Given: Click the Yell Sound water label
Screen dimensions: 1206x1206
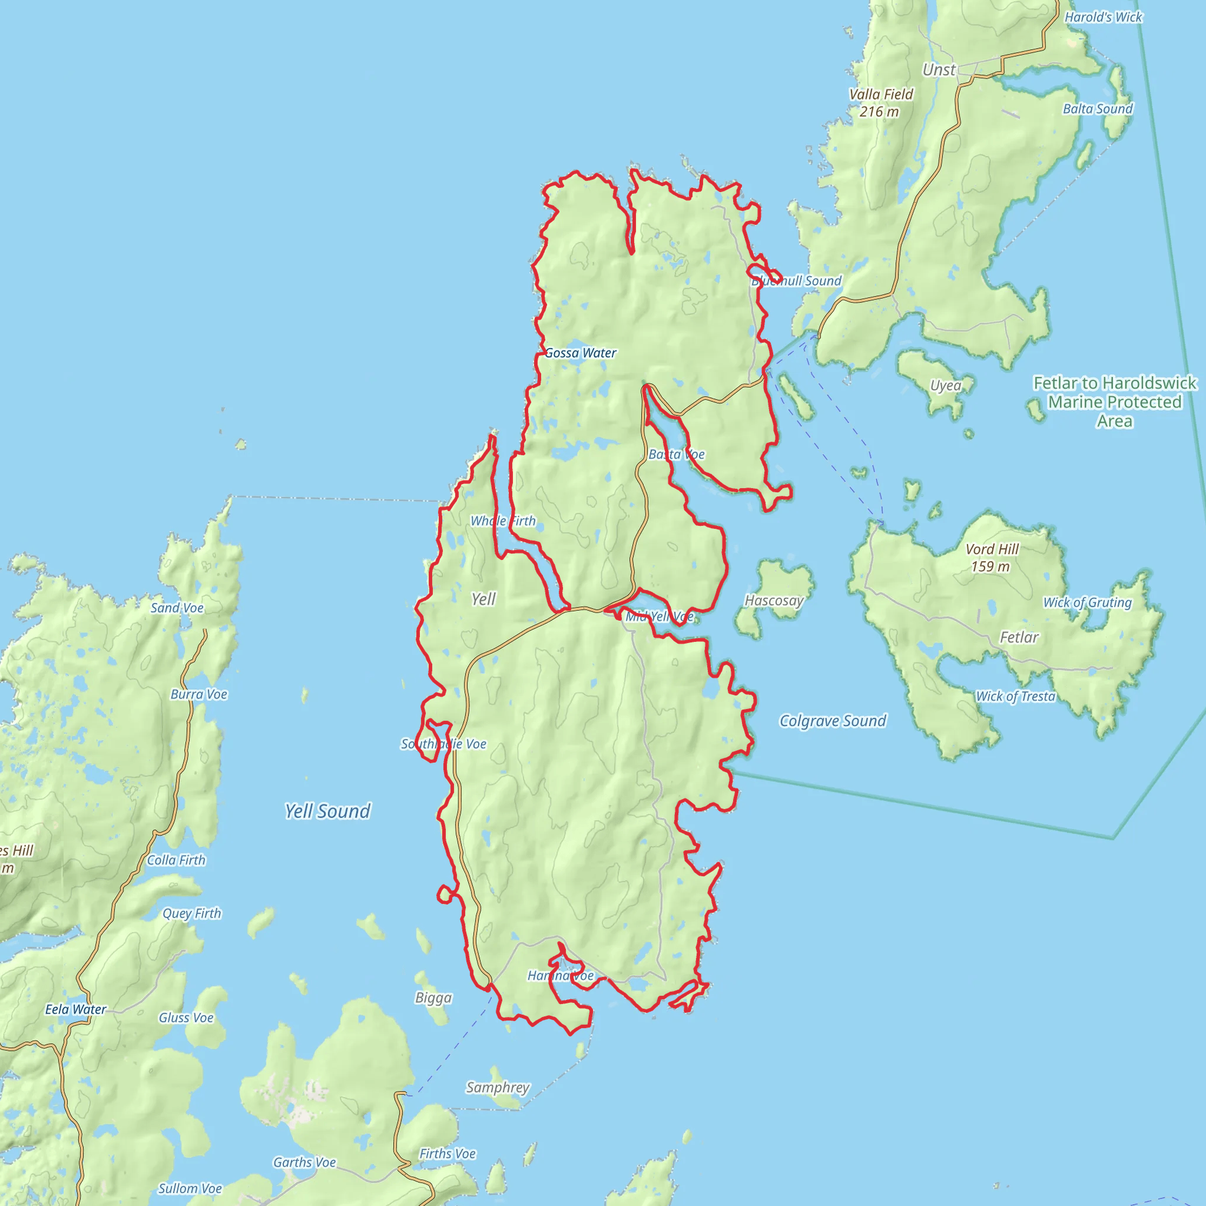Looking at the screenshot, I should point(328,811).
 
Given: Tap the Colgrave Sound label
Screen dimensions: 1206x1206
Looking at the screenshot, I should point(833,721).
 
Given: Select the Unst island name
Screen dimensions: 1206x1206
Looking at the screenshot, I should point(939,70).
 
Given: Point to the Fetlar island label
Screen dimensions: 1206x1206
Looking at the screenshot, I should point(1019,637).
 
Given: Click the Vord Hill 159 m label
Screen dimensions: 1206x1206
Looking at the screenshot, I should point(991,558).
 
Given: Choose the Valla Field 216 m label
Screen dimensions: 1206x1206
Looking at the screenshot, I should point(880,103).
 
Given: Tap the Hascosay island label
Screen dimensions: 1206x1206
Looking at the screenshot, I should point(774,601).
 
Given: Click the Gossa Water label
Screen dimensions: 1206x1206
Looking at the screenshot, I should point(581,353).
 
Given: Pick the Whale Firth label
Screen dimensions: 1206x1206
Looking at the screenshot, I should point(502,521).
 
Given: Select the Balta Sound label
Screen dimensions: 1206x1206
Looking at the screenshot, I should point(1098,108).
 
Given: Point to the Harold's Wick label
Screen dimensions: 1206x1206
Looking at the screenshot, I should point(1103,18).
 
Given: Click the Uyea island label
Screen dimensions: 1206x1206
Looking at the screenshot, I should point(945,386).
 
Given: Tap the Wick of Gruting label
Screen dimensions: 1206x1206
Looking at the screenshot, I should point(1088,602).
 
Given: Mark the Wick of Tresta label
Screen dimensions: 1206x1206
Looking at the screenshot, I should point(1015,696).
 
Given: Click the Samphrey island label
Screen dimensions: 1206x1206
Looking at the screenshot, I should point(498,1088).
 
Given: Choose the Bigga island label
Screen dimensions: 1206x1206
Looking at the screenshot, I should point(433,998).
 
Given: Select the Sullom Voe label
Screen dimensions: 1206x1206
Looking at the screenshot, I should point(190,1188).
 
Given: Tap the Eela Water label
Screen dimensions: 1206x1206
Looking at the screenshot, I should point(75,1009).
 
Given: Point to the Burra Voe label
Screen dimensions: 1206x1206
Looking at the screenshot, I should point(199,694).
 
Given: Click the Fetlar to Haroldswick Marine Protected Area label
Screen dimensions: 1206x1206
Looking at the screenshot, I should point(1115,402).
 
